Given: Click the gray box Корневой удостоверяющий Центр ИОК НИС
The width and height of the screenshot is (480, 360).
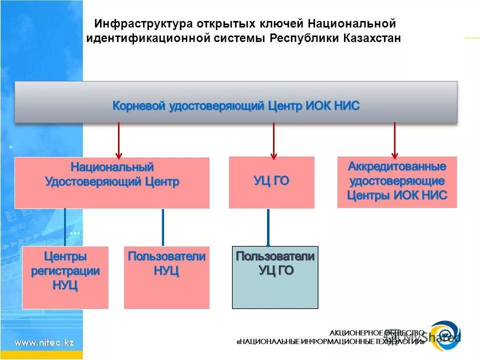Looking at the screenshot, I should coord(235,102).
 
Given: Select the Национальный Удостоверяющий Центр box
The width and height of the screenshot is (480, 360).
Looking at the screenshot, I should coord(112,182).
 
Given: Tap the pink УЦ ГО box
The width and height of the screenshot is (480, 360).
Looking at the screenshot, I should coord(271,182).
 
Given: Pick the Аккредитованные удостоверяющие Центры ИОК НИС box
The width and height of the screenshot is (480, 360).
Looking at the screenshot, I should coord(397,181).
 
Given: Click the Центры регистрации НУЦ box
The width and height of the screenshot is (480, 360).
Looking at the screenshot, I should coord(65,277).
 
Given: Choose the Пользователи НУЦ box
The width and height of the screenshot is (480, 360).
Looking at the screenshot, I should coord(166,277).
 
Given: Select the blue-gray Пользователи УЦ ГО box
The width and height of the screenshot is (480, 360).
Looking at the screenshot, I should coord(275,277).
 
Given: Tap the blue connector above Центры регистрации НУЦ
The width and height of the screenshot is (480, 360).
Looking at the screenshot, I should coord(65,227).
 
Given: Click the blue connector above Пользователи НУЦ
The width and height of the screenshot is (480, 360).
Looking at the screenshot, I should coord(162,227).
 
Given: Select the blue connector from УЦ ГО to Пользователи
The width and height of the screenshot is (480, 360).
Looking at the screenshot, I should coord(268,227).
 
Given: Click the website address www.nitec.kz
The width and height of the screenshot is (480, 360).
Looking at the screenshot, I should coord(44,342).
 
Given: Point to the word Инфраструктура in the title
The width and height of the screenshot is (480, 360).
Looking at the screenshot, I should coord(130,23).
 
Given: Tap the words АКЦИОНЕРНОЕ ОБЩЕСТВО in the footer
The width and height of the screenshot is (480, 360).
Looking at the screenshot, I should coord(376,333).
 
